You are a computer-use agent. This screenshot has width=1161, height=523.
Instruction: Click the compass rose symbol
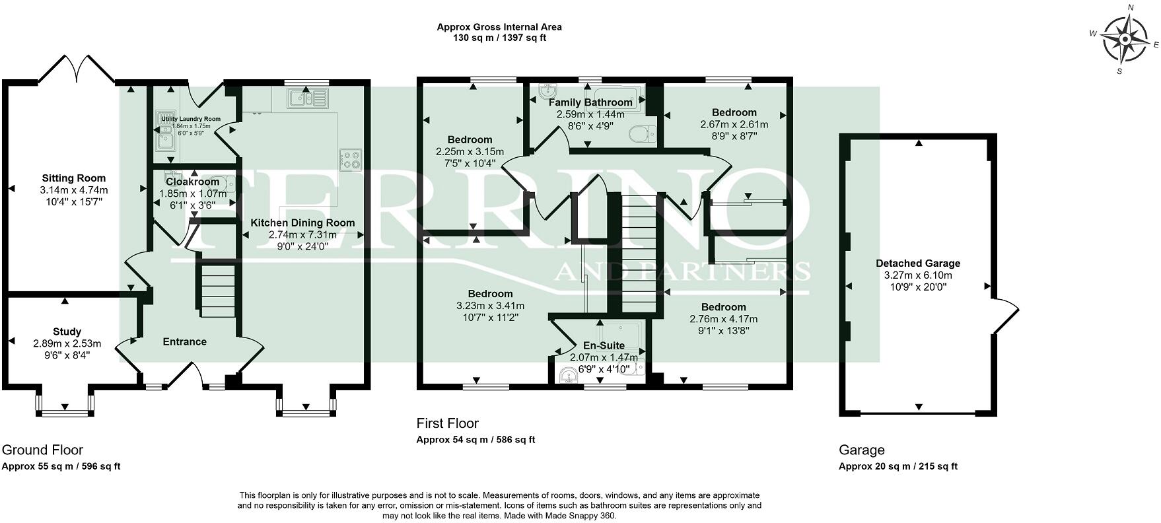1124,39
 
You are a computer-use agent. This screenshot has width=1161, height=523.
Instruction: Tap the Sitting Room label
73,178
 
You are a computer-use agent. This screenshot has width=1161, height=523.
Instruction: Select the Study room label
67,331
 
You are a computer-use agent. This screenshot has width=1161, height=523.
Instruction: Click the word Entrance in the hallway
184,341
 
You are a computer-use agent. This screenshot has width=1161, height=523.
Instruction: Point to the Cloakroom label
192,182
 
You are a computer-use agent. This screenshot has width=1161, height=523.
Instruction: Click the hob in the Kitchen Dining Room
351,160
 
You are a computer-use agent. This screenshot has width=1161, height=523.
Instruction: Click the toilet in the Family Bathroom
642,134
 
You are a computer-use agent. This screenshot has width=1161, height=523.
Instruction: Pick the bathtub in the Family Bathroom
616,94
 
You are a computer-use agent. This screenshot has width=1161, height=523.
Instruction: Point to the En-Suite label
604,345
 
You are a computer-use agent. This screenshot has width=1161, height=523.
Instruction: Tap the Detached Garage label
917,263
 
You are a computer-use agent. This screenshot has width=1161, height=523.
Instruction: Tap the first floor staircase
639,254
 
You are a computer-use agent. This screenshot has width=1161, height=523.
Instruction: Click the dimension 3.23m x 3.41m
490,305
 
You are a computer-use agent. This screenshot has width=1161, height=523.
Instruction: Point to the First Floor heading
447,423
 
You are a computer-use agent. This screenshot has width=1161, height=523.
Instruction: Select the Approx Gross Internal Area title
499,27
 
